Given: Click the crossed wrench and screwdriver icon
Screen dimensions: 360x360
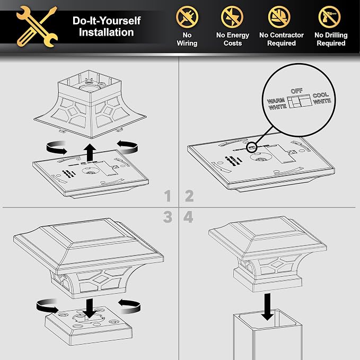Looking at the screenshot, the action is (x=37, y=27).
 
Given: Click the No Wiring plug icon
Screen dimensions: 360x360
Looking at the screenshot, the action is (x=187, y=17).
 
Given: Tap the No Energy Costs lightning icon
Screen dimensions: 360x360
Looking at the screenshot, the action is (x=232, y=17).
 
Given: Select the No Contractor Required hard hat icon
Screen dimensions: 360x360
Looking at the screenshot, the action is (x=279, y=17).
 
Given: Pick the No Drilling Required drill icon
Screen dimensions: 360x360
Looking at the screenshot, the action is (x=329, y=17).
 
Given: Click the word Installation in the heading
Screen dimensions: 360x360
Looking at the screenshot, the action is (x=106, y=32).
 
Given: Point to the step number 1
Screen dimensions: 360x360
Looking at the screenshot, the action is (x=168, y=196).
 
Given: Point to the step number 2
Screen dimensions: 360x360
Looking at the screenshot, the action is (x=189, y=196).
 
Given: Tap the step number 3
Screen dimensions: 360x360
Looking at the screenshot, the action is (x=168, y=217).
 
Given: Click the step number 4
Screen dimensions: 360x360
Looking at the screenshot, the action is (x=188, y=217).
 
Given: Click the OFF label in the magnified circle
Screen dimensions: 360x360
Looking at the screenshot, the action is (x=296, y=91).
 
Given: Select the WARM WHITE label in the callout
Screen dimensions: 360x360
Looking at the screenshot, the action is (x=277, y=104).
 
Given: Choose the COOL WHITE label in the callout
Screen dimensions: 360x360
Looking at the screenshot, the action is (x=322, y=98).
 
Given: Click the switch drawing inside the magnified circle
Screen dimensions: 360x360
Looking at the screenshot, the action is (x=300, y=101).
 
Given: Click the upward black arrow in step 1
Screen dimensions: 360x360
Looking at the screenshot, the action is (x=90, y=153).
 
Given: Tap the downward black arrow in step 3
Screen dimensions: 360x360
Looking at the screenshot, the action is (x=90, y=308).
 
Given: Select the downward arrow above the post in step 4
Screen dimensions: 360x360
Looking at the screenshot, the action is (x=267, y=307).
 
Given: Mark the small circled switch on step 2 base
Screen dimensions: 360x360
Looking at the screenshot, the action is (x=252, y=147).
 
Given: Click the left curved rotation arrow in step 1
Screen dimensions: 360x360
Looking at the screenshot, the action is (x=57, y=147).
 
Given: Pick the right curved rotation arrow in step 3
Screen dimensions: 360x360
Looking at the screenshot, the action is (x=130, y=306).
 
